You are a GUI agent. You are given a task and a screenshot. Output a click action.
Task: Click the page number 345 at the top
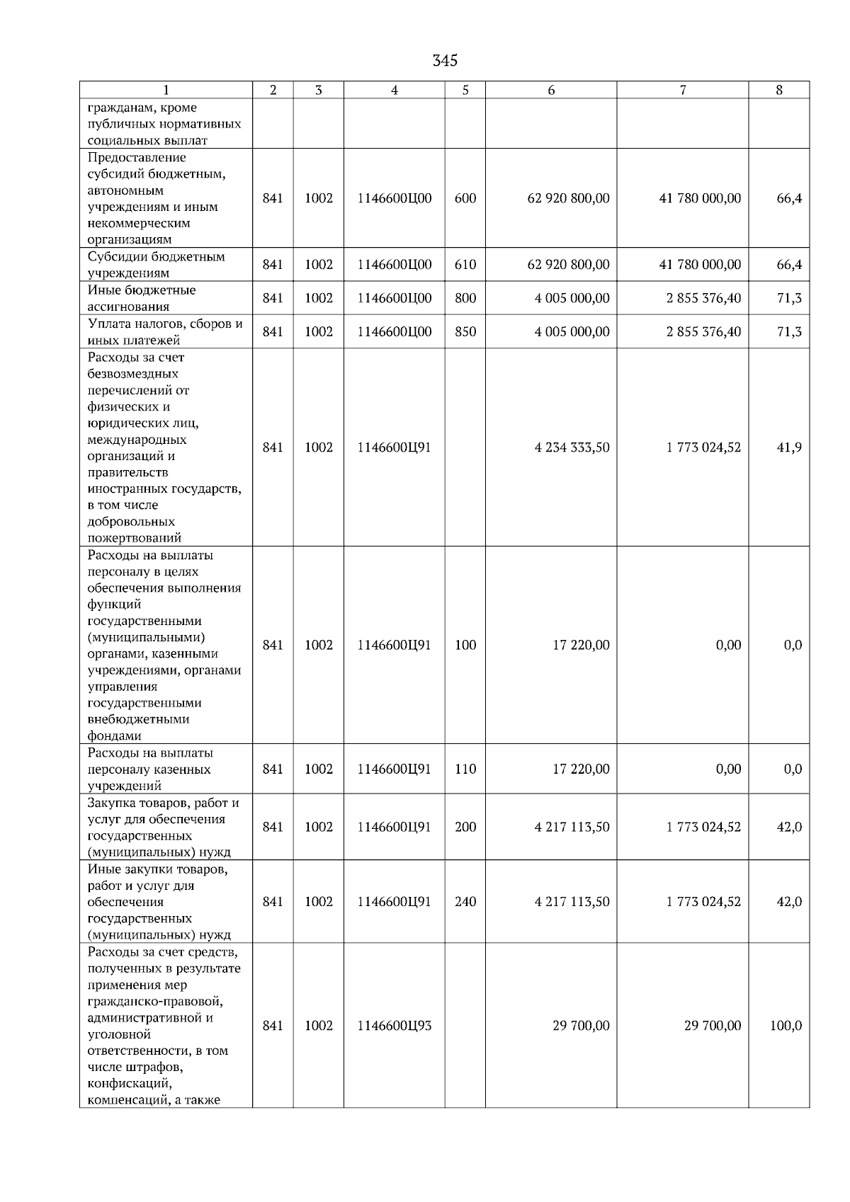445,61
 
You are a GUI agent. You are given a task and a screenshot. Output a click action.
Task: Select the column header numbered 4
395,90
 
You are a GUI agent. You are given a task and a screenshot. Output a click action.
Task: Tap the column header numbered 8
779,90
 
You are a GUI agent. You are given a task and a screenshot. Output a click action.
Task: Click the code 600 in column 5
465,198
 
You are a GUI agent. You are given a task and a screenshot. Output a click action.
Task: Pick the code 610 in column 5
465,265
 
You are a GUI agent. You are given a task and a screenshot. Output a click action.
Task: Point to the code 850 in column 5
465,331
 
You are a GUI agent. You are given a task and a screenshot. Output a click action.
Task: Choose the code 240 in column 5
465,902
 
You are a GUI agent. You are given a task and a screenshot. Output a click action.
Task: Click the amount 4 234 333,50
572,447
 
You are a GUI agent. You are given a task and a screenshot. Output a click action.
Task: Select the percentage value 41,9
789,447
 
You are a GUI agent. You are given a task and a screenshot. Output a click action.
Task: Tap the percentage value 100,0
786,1026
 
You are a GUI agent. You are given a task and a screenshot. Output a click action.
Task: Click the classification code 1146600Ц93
394,1026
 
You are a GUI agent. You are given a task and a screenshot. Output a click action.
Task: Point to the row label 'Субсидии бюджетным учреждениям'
156,265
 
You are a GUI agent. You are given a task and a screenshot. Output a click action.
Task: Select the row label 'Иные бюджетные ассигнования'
142,298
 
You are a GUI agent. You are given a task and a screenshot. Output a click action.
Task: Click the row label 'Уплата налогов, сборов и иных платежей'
164,331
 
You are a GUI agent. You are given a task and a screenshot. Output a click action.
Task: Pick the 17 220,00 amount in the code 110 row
581,769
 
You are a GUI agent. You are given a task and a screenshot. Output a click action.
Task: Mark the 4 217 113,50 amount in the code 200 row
572,827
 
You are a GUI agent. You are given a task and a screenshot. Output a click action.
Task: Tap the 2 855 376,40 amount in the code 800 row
703,298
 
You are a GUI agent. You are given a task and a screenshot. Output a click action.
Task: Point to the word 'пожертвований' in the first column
135,538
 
